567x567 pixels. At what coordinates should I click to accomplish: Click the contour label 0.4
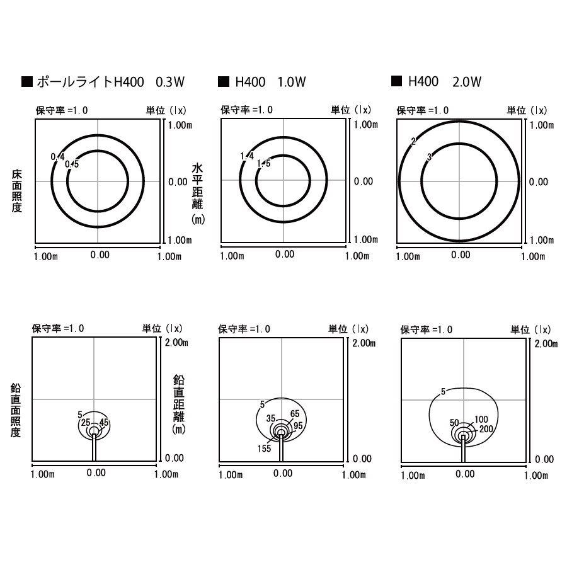point(57,157)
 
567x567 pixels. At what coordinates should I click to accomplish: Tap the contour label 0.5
point(72,164)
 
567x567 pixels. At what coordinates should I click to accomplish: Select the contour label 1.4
point(247,156)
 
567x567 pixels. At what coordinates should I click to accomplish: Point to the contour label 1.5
point(263,163)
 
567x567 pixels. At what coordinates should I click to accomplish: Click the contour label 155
point(265,449)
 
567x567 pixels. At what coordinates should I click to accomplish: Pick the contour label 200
point(486,429)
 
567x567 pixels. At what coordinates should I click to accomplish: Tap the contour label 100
point(481,419)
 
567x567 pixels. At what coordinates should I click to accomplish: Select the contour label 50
point(454,423)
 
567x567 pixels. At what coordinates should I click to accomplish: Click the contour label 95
point(299,426)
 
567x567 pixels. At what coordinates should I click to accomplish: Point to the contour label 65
point(295,414)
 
